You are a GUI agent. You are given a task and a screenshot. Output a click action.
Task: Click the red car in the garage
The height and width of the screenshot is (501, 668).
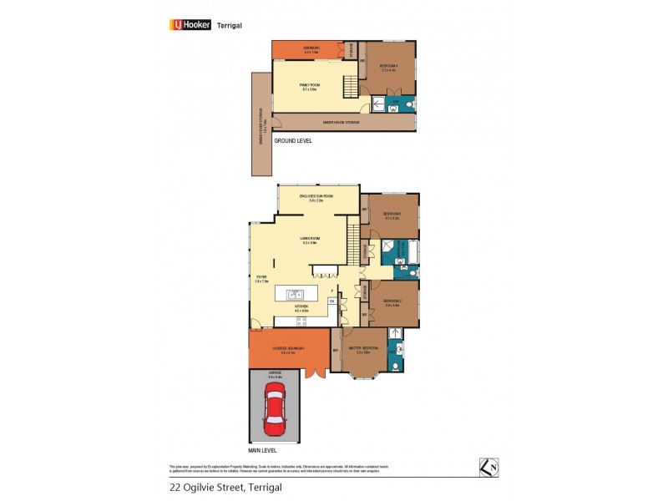[x=274, y=414]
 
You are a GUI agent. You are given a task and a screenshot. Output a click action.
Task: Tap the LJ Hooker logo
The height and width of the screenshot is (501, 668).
[x=190, y=25]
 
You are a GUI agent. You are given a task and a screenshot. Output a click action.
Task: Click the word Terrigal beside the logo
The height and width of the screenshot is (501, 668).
[x=230, y=25]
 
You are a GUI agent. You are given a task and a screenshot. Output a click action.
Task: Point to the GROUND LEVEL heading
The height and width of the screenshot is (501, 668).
[x=292, y=141]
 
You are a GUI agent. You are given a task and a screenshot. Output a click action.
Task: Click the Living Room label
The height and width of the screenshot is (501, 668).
[x=311, y=240]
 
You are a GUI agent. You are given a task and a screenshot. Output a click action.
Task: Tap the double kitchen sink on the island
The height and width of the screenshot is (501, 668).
[x=295, y=294]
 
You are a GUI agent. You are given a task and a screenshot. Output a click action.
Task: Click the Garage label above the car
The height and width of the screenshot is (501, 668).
[x=275, y=375]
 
